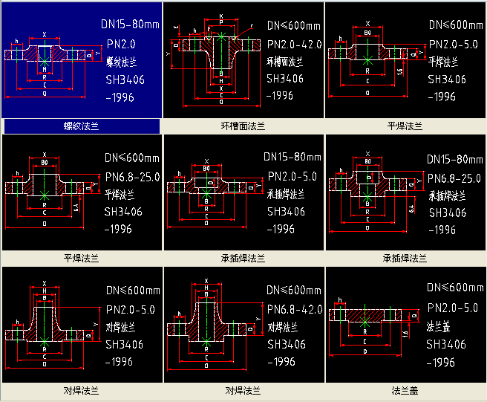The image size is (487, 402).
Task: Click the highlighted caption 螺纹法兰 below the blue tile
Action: pos(82,126)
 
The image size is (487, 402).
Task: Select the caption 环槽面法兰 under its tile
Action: pos(244,126)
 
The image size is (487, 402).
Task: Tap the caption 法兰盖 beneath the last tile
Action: pos(406,389)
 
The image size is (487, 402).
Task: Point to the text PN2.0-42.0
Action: pos(293,45)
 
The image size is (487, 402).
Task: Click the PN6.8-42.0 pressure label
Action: pos(294,308)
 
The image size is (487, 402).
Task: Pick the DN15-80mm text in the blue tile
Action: pos(130,25)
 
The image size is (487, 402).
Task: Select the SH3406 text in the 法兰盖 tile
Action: pos(445,344)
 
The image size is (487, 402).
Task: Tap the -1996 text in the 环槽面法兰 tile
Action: pos(281,95)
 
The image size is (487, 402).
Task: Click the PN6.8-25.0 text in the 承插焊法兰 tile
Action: pos(455,178)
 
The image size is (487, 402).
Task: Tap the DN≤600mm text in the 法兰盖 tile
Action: pos(455,288)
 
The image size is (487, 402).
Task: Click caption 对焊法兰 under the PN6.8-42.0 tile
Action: pos(244,389)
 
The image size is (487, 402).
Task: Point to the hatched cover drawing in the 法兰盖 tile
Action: pos(365,316)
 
